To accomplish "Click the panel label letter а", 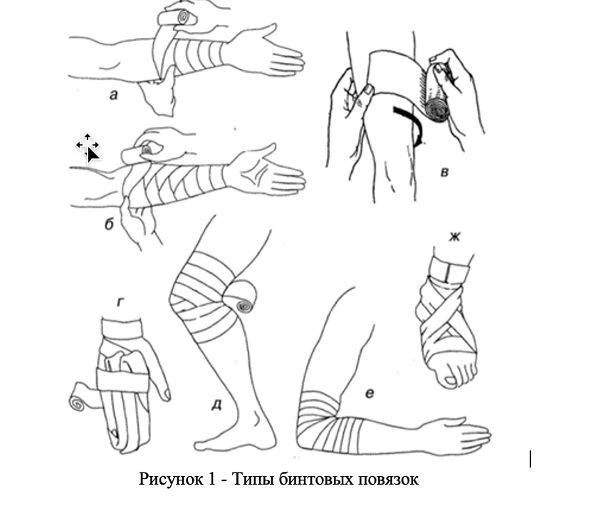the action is coord(113,95).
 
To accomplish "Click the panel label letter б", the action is coord(110,224).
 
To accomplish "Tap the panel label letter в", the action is coord(444,172).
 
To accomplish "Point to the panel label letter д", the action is coord(216,405).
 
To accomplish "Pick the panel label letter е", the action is coord(370,393).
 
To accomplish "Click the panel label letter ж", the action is coord(454,237).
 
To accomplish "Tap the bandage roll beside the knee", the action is coord(241,296).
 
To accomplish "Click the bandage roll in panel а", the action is coord(179,18).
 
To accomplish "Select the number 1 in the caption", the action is coord(212,478).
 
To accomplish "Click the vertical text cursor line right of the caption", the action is coord(530,459).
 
